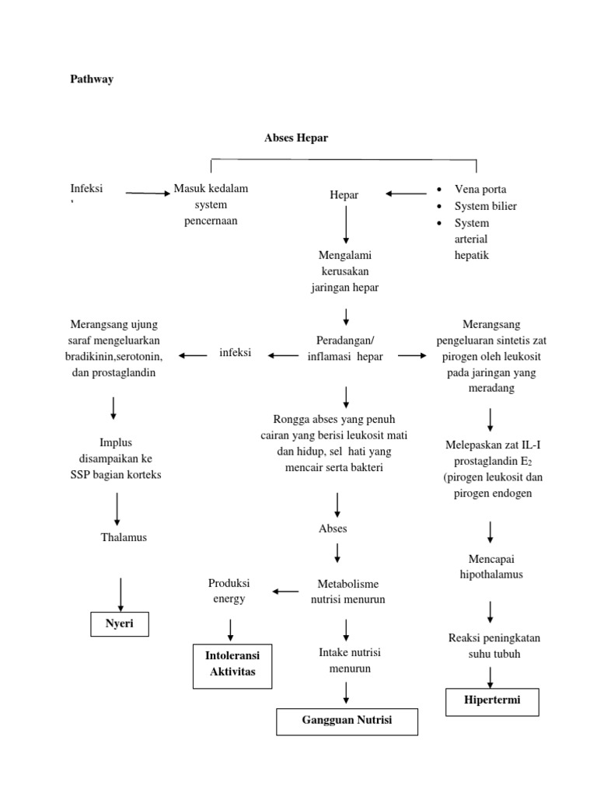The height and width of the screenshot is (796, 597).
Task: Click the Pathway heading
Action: [x=92, y=79]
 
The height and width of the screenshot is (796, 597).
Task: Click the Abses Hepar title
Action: [x=296, y=138]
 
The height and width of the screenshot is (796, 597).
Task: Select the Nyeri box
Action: [x=120, y=624]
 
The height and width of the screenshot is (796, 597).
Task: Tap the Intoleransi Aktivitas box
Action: [x=232, y=664]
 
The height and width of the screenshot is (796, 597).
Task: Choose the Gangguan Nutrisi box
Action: [x=347, y=721]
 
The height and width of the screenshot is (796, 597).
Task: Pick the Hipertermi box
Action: [x=491, y=700]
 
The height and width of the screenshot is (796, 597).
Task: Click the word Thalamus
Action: [x=124, y=537]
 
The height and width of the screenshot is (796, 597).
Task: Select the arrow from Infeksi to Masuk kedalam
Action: [x=148, y=193]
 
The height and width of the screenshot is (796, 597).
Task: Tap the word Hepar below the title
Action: [x=344, y=195]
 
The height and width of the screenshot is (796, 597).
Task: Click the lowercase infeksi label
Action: [x=235, y=353]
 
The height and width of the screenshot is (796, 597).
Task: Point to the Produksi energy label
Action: [x=227, y=591]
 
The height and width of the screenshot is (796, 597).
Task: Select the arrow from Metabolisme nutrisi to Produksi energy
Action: [x=285, y=591]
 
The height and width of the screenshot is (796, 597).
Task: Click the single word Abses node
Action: [x=333, y=529]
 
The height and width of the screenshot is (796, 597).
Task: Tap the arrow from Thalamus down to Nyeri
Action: [x=120, y=593]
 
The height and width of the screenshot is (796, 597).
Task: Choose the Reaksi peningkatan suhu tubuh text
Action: [x=494, y=646]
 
